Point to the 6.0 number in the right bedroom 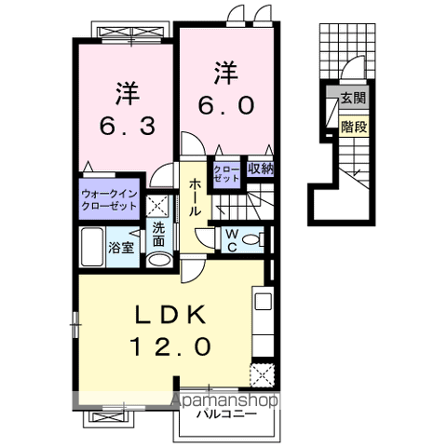coord(224,105)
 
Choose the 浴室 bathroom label coord(121,248)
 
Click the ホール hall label coord(196,198)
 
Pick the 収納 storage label coord(260,169)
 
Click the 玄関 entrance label coord(353,98)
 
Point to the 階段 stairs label coord(353,124)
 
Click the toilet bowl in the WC coord(254,238)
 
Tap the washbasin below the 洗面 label coord(159,260)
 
